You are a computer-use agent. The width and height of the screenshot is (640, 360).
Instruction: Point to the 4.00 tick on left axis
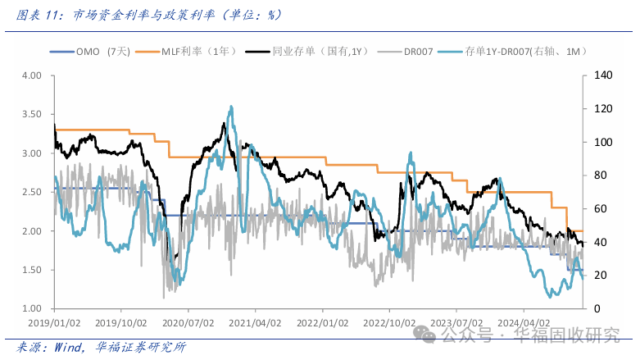point(31,75)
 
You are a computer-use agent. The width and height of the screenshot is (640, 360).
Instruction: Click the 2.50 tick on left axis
point(31,192)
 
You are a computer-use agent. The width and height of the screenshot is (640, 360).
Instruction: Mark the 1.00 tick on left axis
point(31,308)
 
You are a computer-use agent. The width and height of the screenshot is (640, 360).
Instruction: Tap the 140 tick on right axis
point(601,75)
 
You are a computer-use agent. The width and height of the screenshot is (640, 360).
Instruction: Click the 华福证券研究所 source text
point(140,347)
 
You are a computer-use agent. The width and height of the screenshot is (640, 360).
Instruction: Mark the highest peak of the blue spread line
point(231,107)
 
